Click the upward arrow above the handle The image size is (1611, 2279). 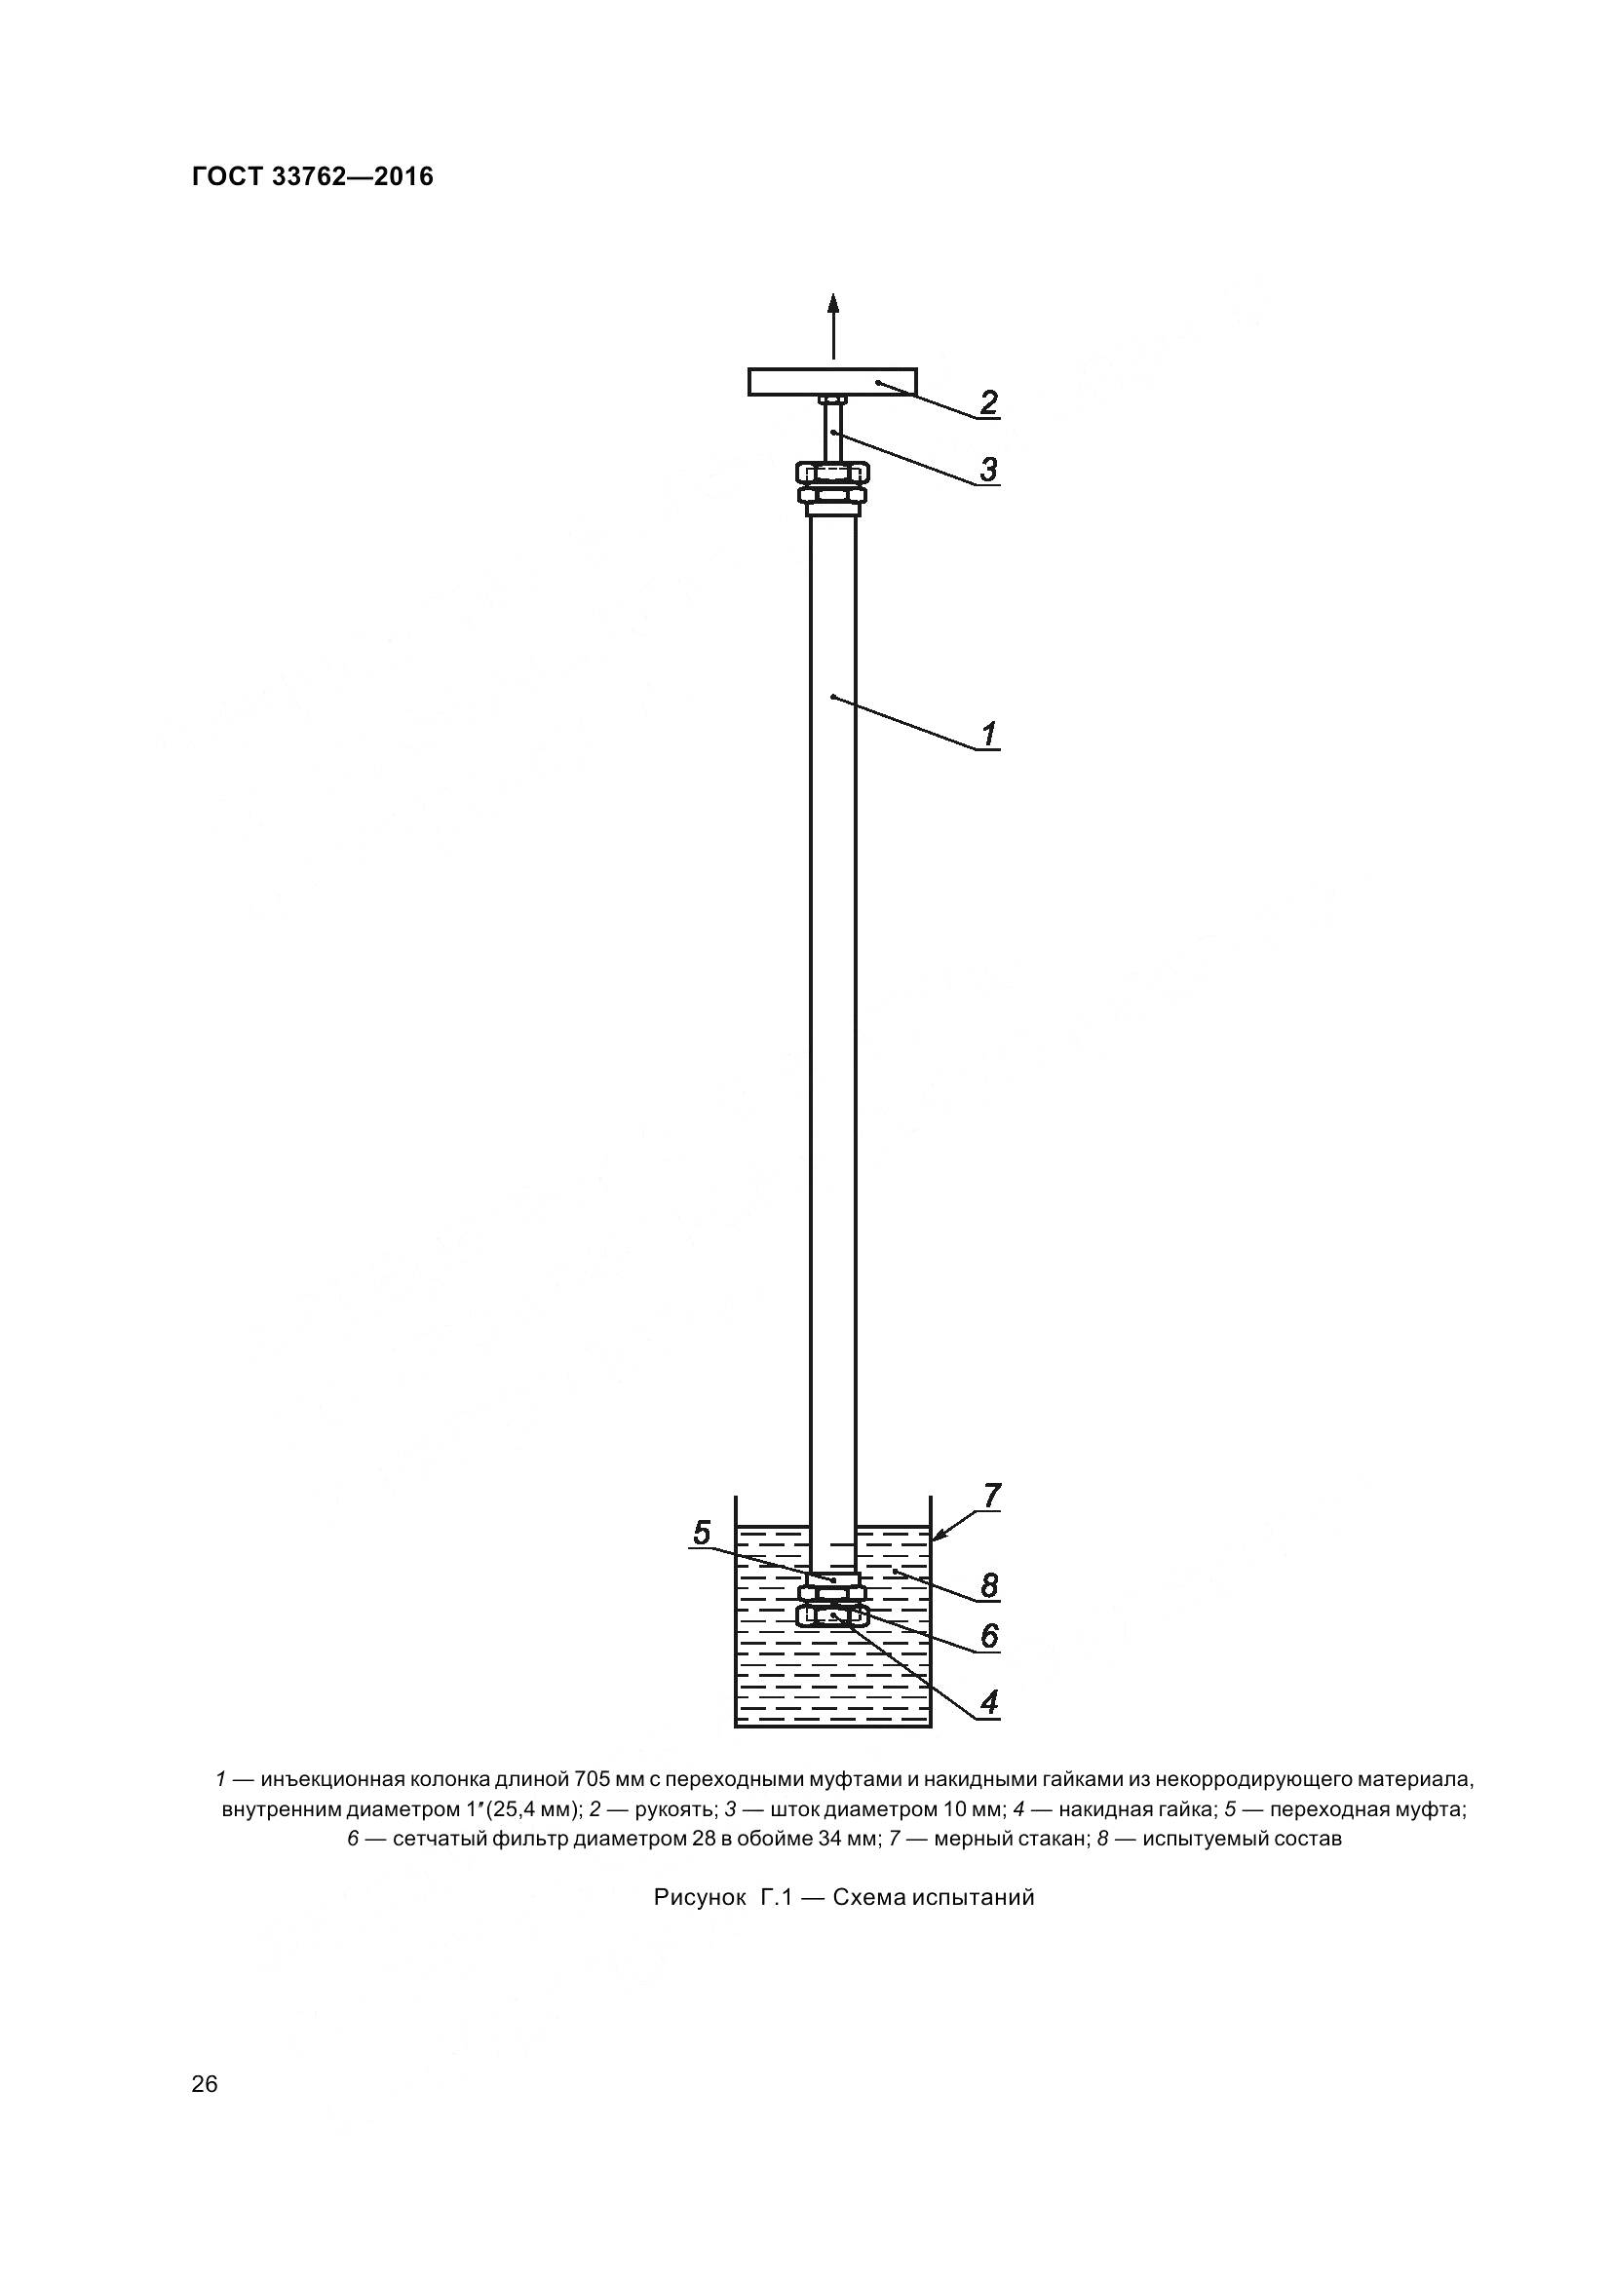coord(833,325)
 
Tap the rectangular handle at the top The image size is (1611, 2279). coord(833,381)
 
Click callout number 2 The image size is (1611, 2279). coord(988,403)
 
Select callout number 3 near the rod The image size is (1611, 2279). coord(988,469)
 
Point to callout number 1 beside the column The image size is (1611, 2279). coord(989,735)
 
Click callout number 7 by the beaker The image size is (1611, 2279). coord(991,1523)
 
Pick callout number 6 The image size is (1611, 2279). coord(989,1635)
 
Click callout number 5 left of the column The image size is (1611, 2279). coord(702,1534)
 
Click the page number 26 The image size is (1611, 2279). coord(205,2084)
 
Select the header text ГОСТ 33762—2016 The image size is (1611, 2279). coord(313,176)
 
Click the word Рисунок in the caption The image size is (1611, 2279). coord(700,1898)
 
